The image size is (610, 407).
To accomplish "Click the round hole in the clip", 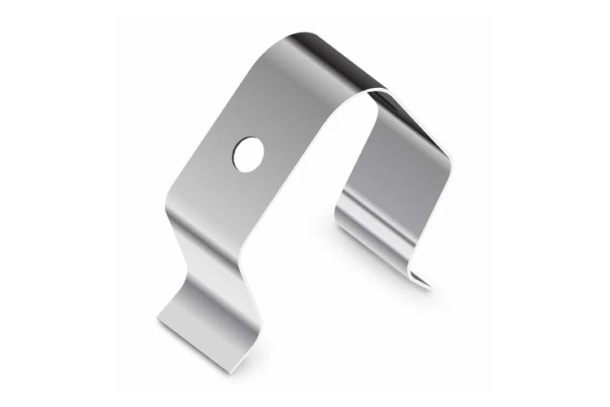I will pos(248,154).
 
